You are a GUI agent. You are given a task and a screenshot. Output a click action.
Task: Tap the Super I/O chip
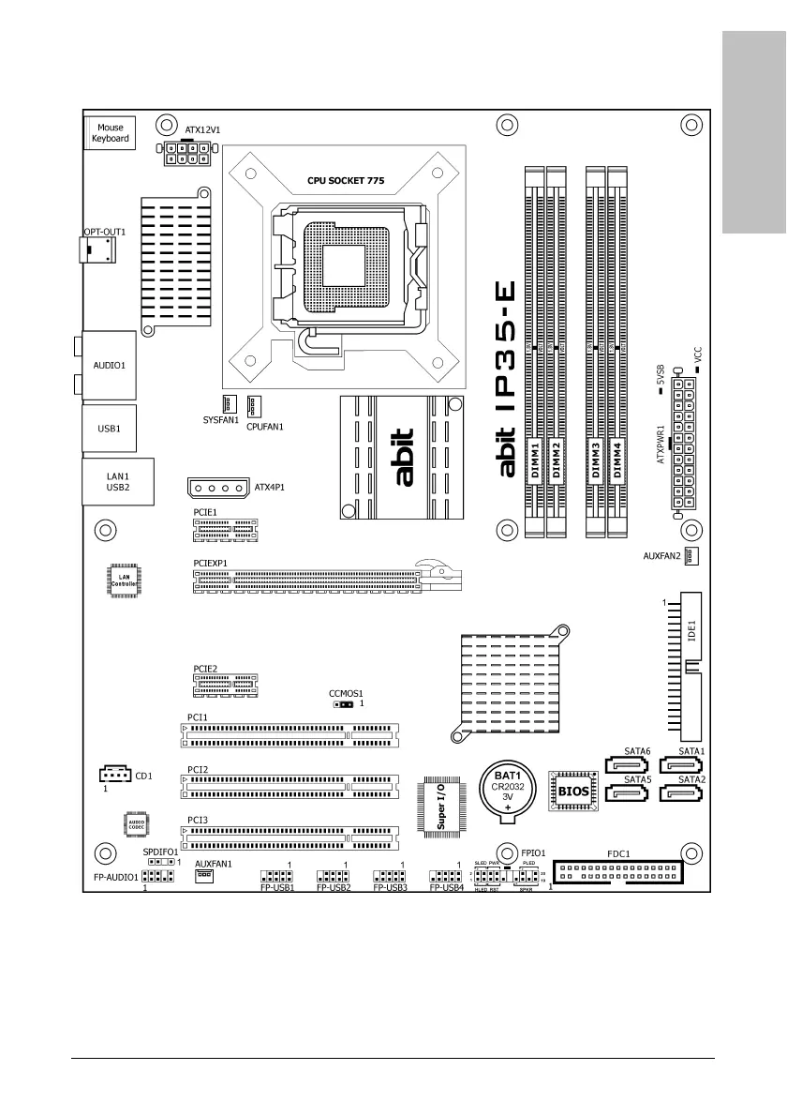441,804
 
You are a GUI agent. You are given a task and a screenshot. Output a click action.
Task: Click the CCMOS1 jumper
343,702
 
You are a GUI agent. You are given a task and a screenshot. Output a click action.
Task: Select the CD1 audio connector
114,775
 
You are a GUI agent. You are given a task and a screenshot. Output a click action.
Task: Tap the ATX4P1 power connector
218,489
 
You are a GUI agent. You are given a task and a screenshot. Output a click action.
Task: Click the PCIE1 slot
226,531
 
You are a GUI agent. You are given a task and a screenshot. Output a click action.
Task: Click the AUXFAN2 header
691,556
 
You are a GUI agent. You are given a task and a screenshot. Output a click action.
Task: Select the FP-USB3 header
389,875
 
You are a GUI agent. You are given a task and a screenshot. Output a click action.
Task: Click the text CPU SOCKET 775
346,180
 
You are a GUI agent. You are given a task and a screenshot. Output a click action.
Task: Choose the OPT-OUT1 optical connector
99,249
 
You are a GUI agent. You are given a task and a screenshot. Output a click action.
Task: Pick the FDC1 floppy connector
618,874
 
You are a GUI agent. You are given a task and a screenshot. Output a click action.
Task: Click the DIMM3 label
595,460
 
